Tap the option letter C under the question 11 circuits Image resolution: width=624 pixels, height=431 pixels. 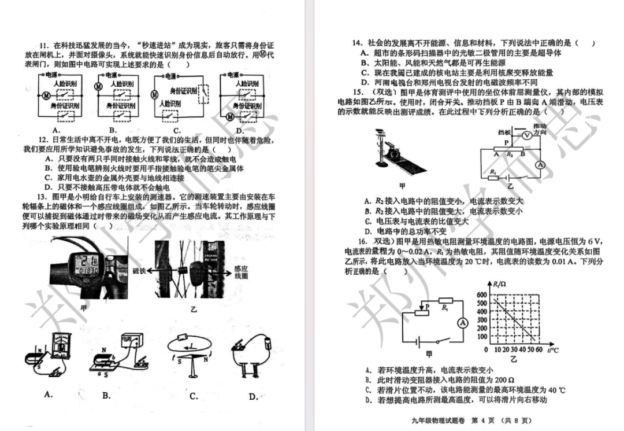[177, 131]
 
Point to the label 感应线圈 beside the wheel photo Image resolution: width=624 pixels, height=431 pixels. [242, 273]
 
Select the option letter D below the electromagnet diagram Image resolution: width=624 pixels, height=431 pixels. [253, 397]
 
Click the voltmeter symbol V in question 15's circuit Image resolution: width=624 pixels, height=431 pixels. [526, 134]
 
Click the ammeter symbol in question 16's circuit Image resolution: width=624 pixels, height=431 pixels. [462, 323]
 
